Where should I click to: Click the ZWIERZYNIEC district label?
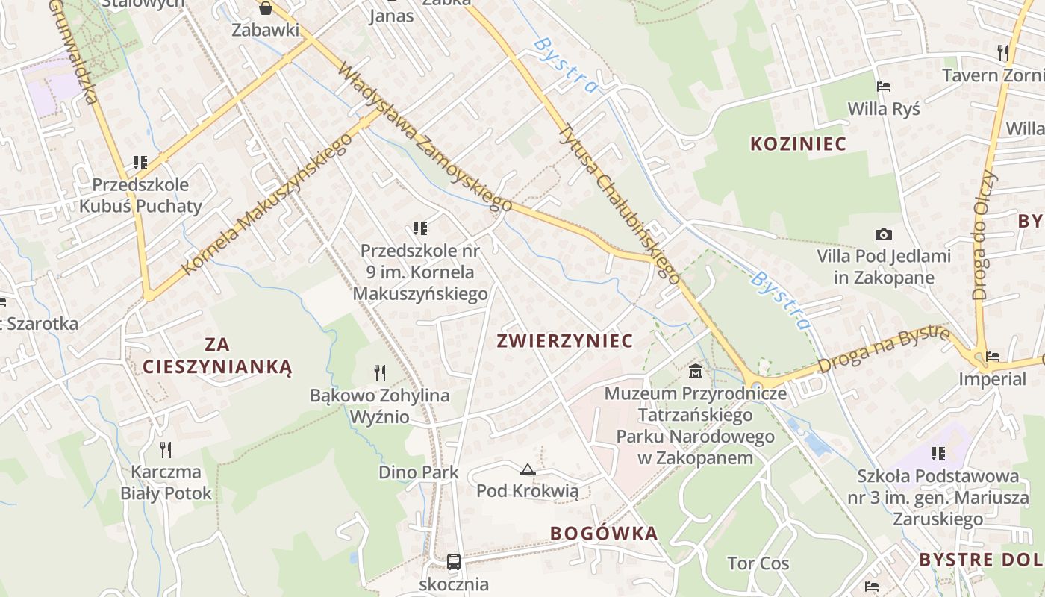point(564,341)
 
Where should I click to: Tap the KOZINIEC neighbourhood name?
point(798,144)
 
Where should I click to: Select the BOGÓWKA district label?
point(604,533)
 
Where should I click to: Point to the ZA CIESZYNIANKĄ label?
point(216,355)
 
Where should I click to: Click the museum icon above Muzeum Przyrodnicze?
point(696,370)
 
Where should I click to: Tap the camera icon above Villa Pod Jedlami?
point(883,235)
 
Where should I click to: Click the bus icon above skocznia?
point(453,561)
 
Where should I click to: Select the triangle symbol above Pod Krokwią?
point(528,469)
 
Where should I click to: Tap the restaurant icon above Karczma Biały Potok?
point(166,449)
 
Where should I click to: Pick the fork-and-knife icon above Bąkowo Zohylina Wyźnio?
point(380,372)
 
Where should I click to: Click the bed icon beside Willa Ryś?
point(884,87)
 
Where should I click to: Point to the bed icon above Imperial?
point(992,357)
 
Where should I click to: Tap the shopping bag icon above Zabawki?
point(265,8)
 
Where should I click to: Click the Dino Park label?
point(419,472)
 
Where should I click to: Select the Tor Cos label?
point(758,563)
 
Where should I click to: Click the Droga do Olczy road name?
point(985,235)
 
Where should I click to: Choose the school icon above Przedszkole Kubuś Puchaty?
point(140,162)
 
